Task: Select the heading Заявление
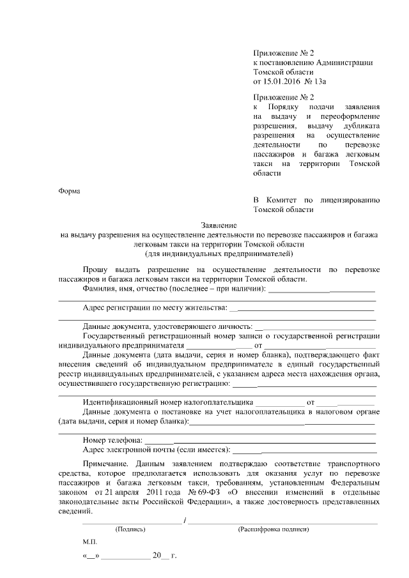[x=219, y=225]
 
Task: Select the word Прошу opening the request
[x=96, y=270]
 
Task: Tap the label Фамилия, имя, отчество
[x=130, y=289]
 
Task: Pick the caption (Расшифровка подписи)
[x=273, y=529]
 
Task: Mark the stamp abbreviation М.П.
[x=89, y=541]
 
